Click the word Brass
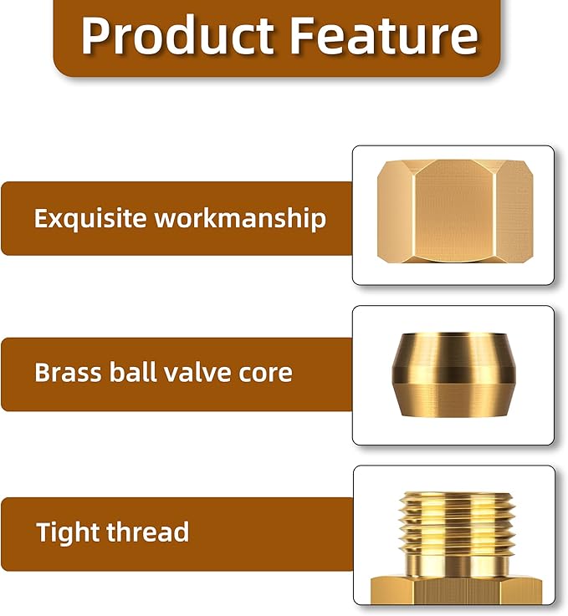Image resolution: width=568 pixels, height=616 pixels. click(65, 372)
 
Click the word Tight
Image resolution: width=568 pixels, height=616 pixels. click(68, 532)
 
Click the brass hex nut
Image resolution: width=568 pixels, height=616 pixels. click(454, 213)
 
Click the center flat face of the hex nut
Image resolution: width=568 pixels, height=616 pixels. click(453, 213)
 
